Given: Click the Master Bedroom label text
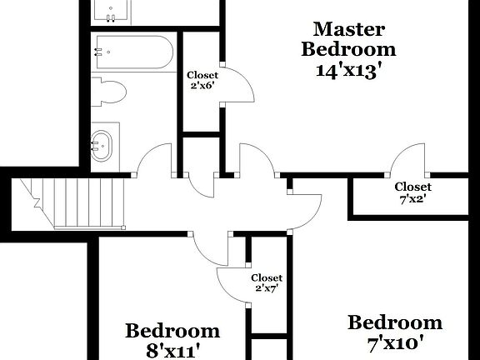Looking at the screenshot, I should pyautogui.click(x=348, y=39).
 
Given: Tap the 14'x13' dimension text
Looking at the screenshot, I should pyautogui.click(x=348, y=70).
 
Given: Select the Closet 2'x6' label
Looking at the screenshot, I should pyautogui.click(x=202, y=80).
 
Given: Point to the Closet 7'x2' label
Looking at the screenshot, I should pyautogui.click(x=412, y=192).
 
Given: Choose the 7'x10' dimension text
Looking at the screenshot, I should pyautogui.click(x=395, y=342).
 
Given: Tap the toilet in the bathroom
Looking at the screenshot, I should pyautogui.click(x=108, y=91).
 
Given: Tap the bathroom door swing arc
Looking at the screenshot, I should pyautogui.click(x=153, y=160).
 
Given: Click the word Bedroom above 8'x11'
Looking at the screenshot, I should pyautogui.click(x=172, y=331).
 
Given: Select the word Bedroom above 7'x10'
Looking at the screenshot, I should pyautogui.click(x=395, y=322).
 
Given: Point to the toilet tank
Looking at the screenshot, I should pyautogui.click(x=97, y=91).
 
